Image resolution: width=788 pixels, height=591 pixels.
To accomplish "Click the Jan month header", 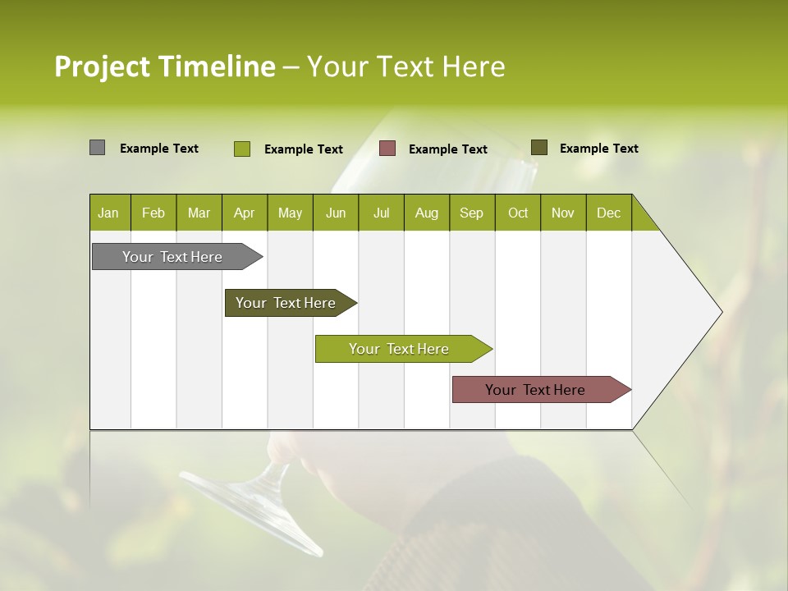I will pos(108,213).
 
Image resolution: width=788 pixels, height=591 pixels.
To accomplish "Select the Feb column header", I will pos(153,213).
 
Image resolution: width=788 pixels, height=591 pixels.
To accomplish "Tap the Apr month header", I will pos(244,213).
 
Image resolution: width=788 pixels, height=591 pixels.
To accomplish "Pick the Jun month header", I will pos(336,213).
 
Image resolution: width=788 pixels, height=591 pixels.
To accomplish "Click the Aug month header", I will pos(426,213).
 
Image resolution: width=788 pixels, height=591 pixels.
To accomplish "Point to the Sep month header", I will pos(471,213).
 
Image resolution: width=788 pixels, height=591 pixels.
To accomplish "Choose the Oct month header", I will pos(518,213).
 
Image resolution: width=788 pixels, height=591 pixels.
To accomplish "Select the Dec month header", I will pos(608,213).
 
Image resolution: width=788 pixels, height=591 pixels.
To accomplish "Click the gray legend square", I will pos(97,148).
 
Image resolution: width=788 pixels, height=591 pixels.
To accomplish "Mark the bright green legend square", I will pos(241,149).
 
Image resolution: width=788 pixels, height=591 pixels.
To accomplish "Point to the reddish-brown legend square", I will pos(387,149).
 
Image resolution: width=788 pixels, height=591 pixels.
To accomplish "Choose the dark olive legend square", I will pos(538,148).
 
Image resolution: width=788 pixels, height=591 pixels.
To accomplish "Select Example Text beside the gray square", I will pos(159,149).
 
